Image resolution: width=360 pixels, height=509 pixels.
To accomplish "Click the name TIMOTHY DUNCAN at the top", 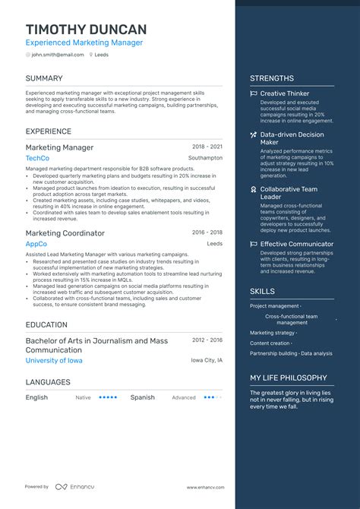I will point(85,29).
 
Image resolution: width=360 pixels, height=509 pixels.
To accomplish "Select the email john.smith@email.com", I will point(58,55).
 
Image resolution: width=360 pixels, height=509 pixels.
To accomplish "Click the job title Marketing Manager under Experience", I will point(60,147).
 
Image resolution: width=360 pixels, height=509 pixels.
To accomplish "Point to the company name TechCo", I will point(37,158).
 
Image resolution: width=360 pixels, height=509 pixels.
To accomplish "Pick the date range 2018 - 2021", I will point(207,147).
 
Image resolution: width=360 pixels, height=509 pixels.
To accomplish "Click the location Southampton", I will point(206,158).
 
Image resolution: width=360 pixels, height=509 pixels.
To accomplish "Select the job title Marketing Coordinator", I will point(65,233).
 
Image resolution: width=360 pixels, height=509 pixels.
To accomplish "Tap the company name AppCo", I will point(36,244).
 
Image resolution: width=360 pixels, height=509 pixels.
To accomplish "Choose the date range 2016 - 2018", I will point(207,232).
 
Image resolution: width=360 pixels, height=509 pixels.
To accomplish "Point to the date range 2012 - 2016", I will point(207,340).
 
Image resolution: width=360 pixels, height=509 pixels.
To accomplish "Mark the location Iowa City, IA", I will point(207,360).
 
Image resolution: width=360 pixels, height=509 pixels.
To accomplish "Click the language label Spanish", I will point(142,397).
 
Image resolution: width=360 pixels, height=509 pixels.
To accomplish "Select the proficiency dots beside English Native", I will point(107,397).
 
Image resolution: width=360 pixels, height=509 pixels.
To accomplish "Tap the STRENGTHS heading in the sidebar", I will point(271,78).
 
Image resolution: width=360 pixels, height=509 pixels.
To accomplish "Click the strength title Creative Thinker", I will point(285,94).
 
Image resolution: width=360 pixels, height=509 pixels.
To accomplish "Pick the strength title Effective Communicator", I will point(296,244).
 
